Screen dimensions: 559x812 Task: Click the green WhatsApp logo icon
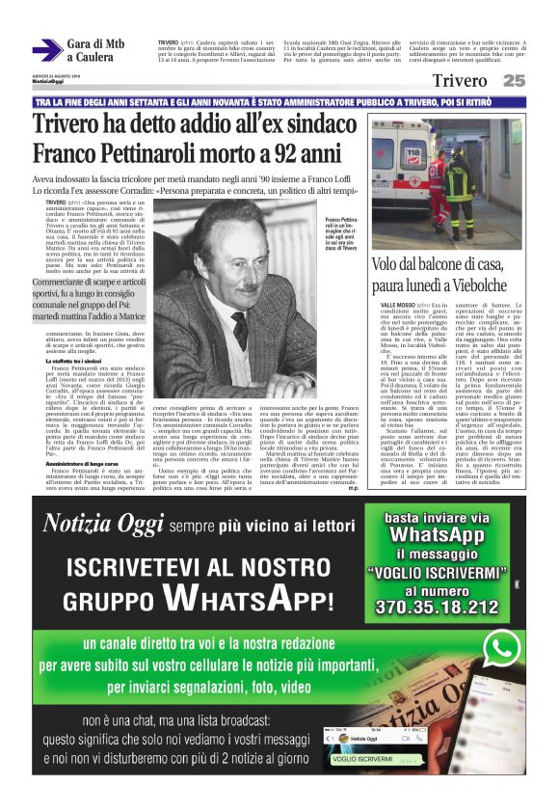[502, 648]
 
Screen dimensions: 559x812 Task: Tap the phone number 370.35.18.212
[437, 607]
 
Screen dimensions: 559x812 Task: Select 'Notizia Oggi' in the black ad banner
[98, 524]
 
